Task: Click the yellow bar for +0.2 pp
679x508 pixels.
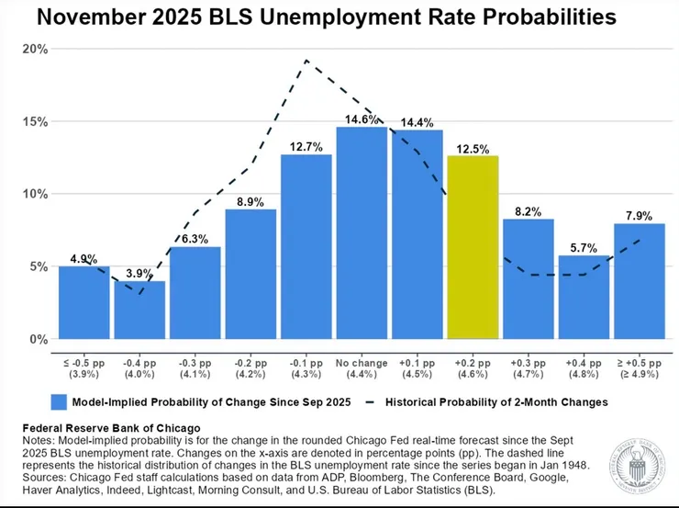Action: (x=473, y=248)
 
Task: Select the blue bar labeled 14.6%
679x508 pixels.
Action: (x=362, y=233)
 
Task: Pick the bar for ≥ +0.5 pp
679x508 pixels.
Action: (x=639, y=281)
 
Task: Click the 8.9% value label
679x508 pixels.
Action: (x=250, y=201)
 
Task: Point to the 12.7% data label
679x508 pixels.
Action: (x=306, y=146)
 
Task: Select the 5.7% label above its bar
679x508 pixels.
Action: (x=584, y=247)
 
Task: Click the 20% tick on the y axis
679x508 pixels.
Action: (x=36, y=49)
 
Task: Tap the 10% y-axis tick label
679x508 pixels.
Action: (x=36, y=194)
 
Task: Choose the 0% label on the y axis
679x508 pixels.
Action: (x=39, y=339)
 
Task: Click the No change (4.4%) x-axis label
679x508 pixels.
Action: (x=362, y=366)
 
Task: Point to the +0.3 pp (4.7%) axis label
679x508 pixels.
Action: (x=528, y=366)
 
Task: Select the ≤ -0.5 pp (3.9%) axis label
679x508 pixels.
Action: (x=83, y=366)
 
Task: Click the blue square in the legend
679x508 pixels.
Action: (x=60, y=401)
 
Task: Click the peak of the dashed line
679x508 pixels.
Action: (x=306, y=61)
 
